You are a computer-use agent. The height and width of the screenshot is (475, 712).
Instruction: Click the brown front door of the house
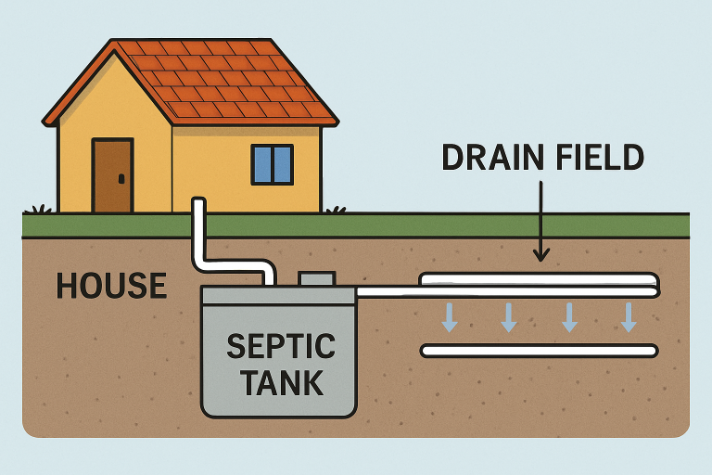click(x=112, y=175)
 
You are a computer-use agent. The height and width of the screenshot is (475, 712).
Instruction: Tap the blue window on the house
click(x=273, y=164)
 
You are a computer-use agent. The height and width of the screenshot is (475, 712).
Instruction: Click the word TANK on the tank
click(x=279, y=380)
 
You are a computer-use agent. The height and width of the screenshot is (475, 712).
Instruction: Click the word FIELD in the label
click(x=598, y=158)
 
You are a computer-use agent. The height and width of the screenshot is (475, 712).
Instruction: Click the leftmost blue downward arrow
click(x=450, y=316)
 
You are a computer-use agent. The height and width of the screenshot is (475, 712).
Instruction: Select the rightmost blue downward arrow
click(x=629, y=316)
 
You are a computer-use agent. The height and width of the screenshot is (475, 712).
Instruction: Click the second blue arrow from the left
click(x=509, y=316)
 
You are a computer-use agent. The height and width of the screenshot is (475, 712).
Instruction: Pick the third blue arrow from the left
click(x=569, y=316)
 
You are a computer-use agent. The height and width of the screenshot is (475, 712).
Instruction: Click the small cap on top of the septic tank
click(x=316, y=278)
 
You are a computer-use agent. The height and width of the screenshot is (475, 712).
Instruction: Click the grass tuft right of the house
click(x=336, y=210)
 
